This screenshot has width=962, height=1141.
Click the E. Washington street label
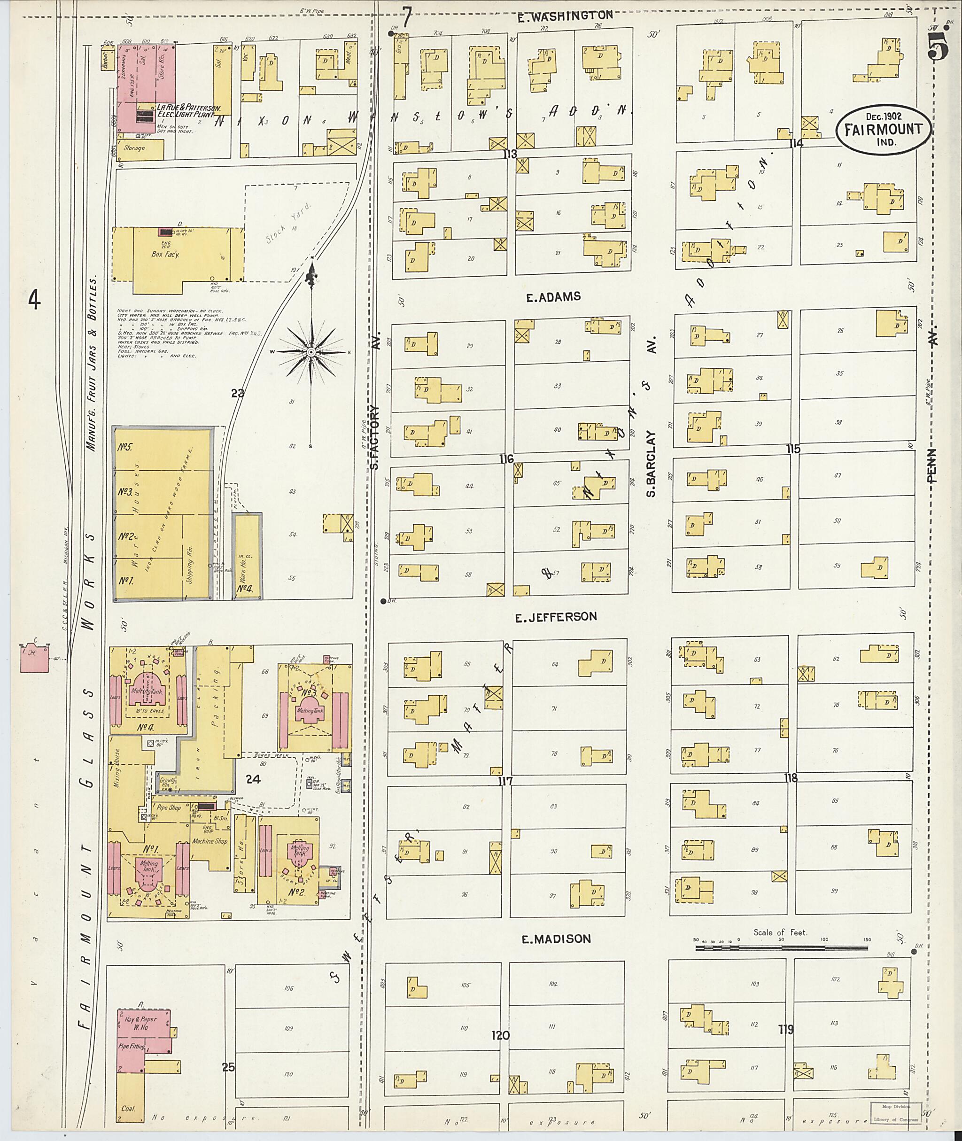point(565,16)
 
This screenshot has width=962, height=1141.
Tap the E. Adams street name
point(553,297)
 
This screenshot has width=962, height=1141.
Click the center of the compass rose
point(311,352)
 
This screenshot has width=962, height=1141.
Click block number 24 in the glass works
point(253,779)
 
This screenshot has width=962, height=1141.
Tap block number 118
point(790,778)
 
